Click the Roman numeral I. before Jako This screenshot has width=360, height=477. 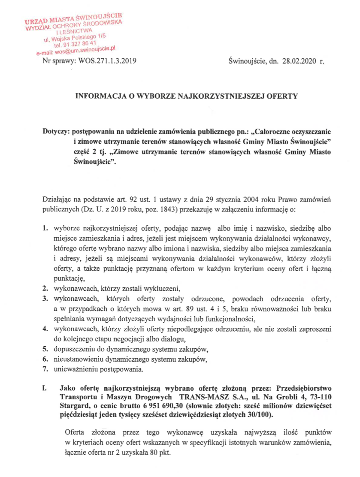coord(44,389)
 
